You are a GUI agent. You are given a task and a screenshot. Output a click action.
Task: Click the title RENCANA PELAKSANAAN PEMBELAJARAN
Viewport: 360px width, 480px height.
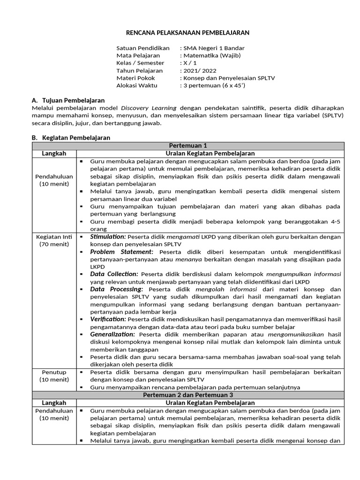tap(188, 33)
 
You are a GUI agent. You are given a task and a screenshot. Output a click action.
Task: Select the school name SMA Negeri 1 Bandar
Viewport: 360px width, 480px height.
tap(214, 48)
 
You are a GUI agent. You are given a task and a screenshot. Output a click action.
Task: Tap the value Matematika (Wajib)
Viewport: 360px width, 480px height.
tap(212, 55)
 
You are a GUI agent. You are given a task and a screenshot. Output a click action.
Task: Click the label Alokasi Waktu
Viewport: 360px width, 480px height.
tap(137, 85)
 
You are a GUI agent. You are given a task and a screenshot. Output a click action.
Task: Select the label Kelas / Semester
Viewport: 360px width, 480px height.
tap(140, 63)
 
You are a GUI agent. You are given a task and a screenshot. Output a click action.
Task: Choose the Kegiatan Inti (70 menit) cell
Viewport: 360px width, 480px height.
tap(54, 240)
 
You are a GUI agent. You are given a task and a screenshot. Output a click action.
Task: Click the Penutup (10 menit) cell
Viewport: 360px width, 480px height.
tap(54, 376)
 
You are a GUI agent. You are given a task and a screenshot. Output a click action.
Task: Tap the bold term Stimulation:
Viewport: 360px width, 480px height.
tap(108, 237)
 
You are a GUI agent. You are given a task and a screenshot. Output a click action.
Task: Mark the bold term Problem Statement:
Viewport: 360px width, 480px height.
tap(122, 252)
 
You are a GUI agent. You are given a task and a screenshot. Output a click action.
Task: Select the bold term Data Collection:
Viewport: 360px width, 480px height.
tap(114, 274)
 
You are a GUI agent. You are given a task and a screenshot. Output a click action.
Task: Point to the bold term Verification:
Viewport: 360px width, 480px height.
tap(108, 319)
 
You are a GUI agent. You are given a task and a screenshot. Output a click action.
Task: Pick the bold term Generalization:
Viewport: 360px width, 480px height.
tap(112, 334)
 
